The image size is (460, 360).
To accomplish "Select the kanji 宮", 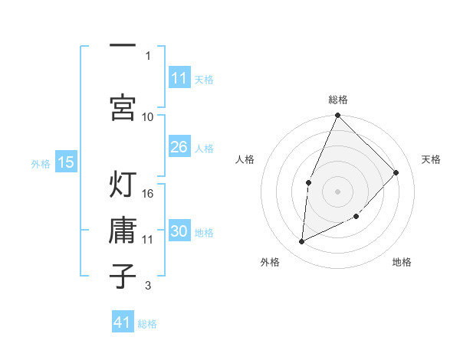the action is [123, 106].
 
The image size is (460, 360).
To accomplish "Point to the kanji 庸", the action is [123, 231].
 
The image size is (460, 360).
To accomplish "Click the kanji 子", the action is [123, 275].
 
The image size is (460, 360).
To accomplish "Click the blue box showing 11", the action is [179, 77].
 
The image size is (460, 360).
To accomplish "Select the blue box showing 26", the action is [179, 147].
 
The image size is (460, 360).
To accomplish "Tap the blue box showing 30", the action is [179, 231].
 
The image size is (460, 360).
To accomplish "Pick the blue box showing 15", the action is [65, 162].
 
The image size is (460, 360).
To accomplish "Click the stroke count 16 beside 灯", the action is [148, 194].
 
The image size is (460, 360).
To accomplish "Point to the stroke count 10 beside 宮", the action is [148, 116].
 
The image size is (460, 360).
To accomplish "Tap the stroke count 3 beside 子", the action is [148, 286].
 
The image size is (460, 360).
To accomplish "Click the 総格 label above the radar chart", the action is [337, 100].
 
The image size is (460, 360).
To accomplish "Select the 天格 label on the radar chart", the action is [431, 159].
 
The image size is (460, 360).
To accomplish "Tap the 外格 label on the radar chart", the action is [270, 263].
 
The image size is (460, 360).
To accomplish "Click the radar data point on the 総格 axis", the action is [337, 116].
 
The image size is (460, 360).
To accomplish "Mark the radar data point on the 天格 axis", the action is [396, 172].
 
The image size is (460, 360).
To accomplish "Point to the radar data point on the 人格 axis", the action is [308, 182].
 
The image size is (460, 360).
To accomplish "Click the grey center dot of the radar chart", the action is [337, 191].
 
